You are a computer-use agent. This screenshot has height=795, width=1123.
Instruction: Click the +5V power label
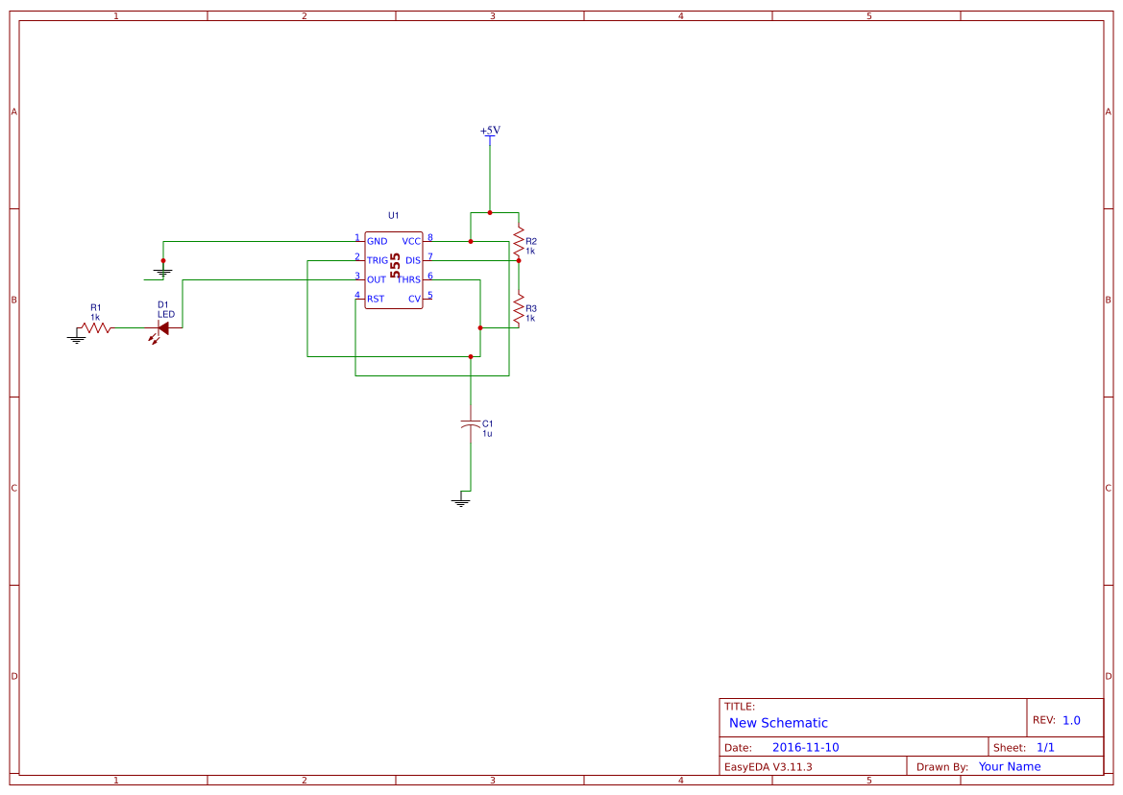490,131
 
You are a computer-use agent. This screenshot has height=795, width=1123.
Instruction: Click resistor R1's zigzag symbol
96,327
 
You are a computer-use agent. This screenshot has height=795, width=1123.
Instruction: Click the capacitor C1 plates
471,423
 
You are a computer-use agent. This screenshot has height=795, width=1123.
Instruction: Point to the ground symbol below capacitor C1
460,502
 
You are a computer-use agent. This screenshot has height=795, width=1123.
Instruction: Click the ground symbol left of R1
77,339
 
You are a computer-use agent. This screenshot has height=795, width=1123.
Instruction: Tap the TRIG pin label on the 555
378,260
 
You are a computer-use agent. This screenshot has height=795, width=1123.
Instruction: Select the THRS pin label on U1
409,279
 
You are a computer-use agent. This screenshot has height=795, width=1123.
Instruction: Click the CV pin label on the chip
415,300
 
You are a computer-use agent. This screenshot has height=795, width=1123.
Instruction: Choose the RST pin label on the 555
376,300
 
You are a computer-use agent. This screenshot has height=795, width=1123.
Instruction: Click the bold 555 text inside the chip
395,265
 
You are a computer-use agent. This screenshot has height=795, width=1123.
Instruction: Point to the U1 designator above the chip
393,215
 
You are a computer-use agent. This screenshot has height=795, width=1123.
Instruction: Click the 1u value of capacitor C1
487,434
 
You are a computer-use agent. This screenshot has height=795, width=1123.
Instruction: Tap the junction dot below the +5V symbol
490,212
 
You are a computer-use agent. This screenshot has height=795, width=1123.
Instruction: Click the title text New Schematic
778,723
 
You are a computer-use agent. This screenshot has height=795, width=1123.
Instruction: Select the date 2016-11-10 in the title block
806,747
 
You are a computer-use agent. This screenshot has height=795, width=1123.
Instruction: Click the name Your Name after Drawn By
1010,766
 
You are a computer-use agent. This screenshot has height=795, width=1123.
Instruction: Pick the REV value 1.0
1071,720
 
